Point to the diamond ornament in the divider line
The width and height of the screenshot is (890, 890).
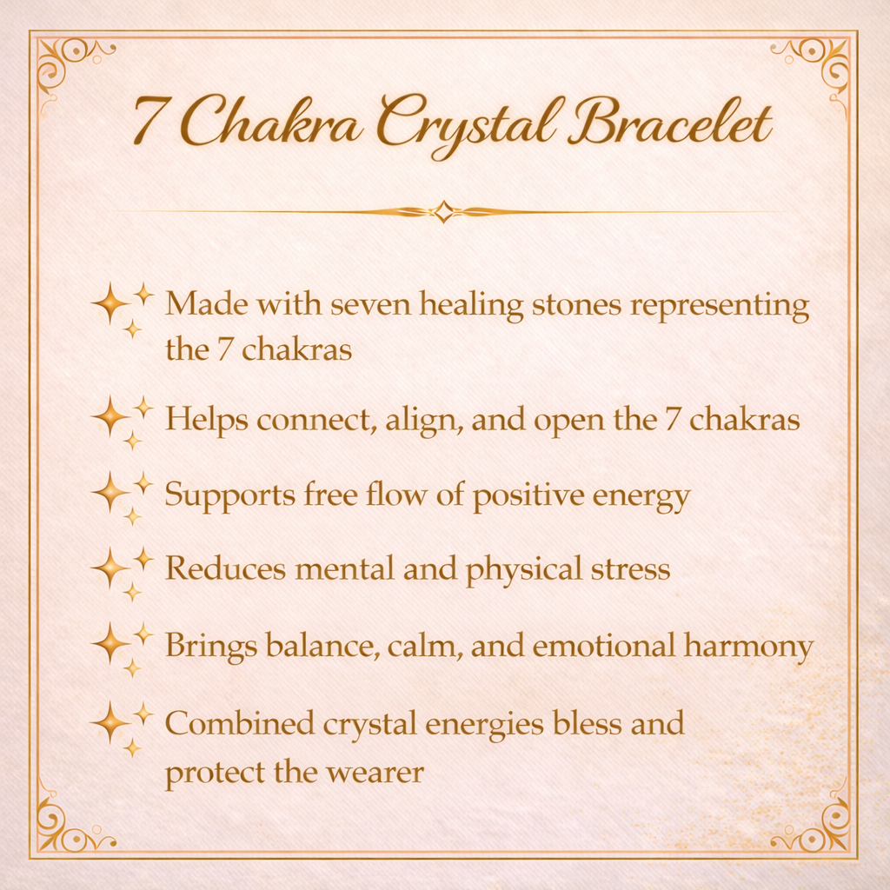444,211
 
